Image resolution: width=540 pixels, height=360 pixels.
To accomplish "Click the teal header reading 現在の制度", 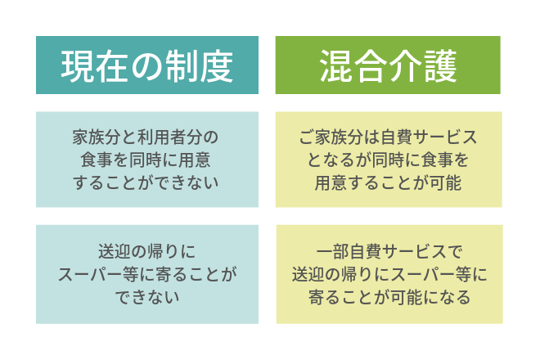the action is (x=147, y=65).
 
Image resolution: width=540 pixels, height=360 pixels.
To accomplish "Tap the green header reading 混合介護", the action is (x=388, y=65).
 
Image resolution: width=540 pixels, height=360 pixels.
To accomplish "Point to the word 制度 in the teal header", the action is (x=200, y=66).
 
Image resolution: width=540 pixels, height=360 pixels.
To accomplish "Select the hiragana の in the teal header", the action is (x=147, y=67).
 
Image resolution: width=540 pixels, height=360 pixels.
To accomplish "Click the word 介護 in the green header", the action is (x=423, y=66).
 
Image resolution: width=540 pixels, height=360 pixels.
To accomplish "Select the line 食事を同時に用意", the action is (x=146, y=160).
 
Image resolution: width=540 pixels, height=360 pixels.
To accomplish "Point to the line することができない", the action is (x=146, y=182).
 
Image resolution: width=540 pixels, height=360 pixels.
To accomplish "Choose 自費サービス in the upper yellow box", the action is (x=429, y=137).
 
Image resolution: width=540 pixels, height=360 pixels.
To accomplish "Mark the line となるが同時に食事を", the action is (x=388, y=160).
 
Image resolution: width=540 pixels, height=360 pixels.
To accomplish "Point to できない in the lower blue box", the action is (x=147, y=297).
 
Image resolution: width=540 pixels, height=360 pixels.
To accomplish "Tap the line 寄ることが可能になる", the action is (x=389, y=297).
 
